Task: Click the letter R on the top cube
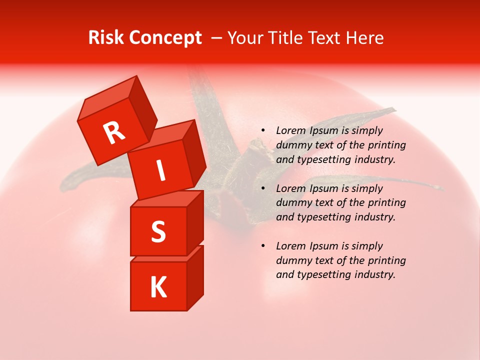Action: [x=114, y=133]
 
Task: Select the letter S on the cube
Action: [x=158, y=231]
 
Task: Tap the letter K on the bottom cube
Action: [x=158, y=287]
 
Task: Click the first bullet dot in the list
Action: [x=263, y=131]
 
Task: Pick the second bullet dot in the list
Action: [x=263, y=188]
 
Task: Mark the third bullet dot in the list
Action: [x=263, y=246]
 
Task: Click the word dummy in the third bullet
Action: [x=293, y=260]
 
